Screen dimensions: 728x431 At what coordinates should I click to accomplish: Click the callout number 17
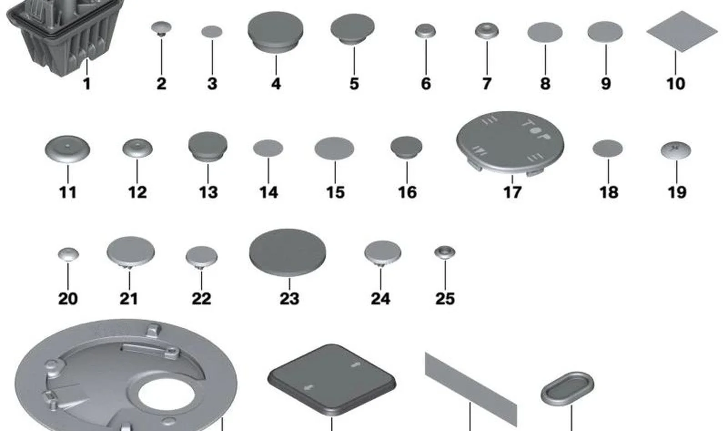point(512,192)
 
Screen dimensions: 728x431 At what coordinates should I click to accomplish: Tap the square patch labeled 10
point(682,31)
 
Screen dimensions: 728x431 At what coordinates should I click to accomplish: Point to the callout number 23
point(289,298)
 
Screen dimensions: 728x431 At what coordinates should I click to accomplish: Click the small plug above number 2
point(162,29)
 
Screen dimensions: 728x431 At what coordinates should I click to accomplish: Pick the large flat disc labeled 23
point(288,252)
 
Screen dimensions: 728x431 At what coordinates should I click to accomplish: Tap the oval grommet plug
point(567,389)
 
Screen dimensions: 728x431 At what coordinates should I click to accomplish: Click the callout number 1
point(86,84)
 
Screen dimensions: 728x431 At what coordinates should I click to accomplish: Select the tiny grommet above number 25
point(445,252)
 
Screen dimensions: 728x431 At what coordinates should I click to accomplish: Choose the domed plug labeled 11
point(68,150)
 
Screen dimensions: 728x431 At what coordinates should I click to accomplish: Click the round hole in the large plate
point(167,394)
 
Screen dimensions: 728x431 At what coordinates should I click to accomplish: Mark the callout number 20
point(68,298)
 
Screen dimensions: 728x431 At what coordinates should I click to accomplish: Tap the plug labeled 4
point(276,32)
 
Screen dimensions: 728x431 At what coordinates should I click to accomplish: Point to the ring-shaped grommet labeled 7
point(487,31)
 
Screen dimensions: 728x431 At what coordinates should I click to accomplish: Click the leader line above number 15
point(335,172)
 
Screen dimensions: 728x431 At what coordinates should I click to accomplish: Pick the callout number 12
point(137,192)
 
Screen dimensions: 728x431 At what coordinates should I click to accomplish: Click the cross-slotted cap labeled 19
point(676,150)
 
